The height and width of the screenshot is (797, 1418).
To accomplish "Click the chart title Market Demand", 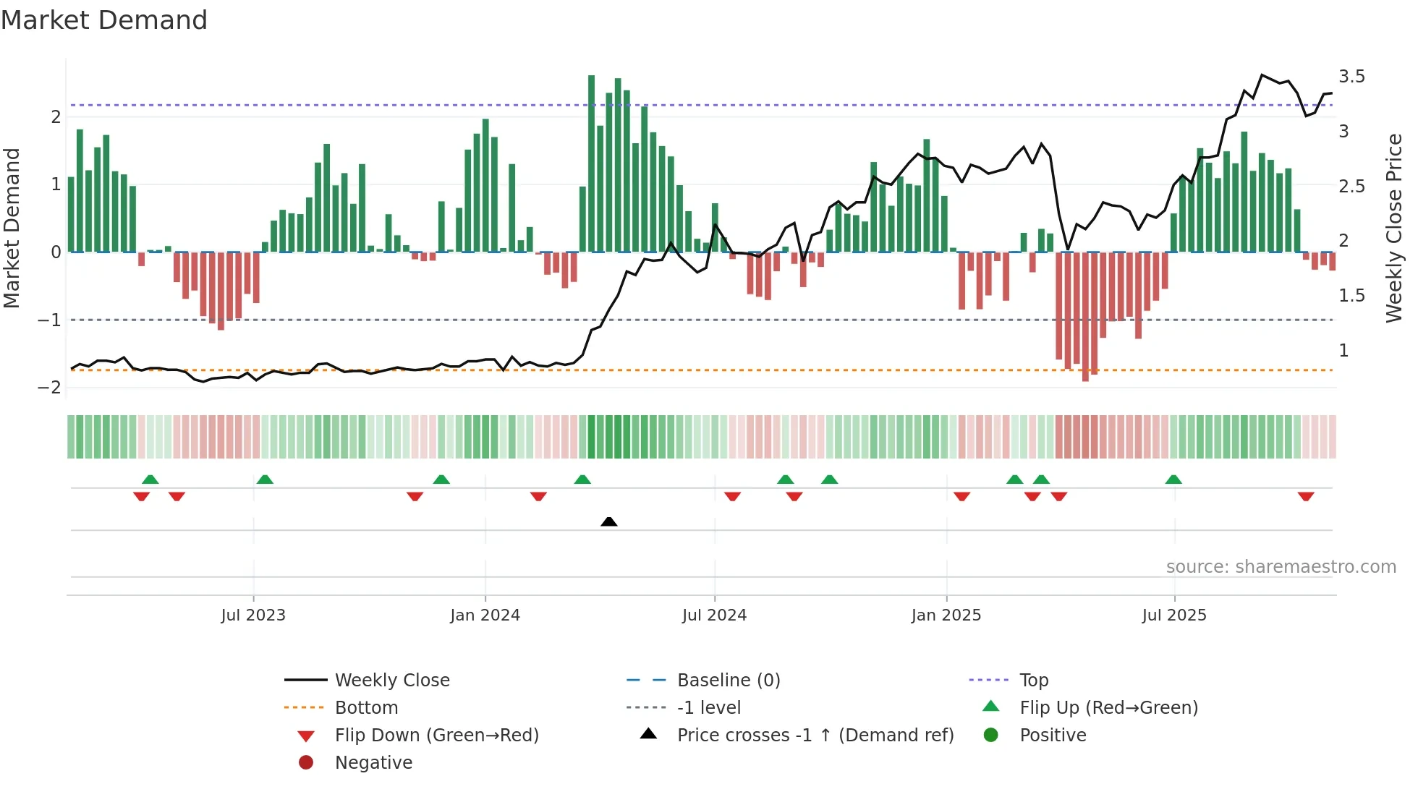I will click(104, 20).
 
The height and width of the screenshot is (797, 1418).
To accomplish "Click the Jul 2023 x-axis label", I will click(253, 615).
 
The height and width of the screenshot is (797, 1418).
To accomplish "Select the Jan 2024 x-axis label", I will click(485, 615).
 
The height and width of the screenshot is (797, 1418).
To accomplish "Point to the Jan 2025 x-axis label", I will click(946, 615).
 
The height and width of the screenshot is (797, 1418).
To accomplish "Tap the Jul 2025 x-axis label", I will click(1174, 615).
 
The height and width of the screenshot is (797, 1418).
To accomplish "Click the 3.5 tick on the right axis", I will click(1351, 77).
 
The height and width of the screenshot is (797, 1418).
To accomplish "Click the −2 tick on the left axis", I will click(49, 387).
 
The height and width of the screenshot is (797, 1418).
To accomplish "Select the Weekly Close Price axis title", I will click(1393, 228).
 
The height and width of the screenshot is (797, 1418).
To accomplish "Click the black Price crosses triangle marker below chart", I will click(609, 521).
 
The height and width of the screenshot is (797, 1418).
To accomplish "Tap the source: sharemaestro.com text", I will click(1281, 567).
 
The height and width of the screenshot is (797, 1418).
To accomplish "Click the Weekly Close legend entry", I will click(392, 681).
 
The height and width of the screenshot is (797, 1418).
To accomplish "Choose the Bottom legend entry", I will click(366, 708).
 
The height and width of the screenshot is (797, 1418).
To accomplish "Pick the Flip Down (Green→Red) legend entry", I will click(436, 736).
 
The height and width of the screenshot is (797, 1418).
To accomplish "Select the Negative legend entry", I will click(373, 763).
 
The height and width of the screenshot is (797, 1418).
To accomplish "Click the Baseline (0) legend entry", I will click(729, 681).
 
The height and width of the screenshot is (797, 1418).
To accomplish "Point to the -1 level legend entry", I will click(709, 708).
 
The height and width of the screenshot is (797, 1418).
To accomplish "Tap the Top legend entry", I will click(1034, 681).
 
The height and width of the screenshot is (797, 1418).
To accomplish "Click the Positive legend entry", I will click(1053, 736).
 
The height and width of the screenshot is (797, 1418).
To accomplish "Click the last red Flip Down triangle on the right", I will click(1306, 497).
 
